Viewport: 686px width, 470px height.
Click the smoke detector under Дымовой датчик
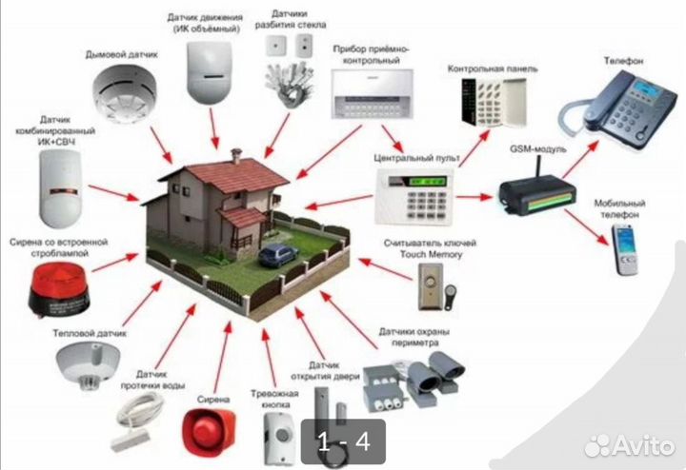(x=124, y=93)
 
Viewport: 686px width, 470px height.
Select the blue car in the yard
(x=278, y=255)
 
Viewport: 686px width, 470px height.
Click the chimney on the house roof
(x=236, y=155)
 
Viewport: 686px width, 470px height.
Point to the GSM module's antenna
(x=540, y=166)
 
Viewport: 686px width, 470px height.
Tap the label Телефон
(x=623, y=61)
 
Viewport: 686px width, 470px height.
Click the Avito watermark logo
(x=630, y=445)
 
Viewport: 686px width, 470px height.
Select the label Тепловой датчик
(x=90, y=333)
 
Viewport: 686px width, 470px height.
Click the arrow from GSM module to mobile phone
(x=587, y=227)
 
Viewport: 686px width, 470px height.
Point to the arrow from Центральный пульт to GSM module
(x=474, y=197)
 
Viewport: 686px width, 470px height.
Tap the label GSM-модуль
(x=537, y=149)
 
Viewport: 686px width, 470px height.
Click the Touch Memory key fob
(x=450, y=297)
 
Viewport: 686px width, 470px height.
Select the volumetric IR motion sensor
(x=209, y=72)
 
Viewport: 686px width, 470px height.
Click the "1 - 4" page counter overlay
(x=343, y=441)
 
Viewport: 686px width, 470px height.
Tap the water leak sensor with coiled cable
(x=134, y=421)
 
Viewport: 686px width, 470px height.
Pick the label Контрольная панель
(x=493, y=69)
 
